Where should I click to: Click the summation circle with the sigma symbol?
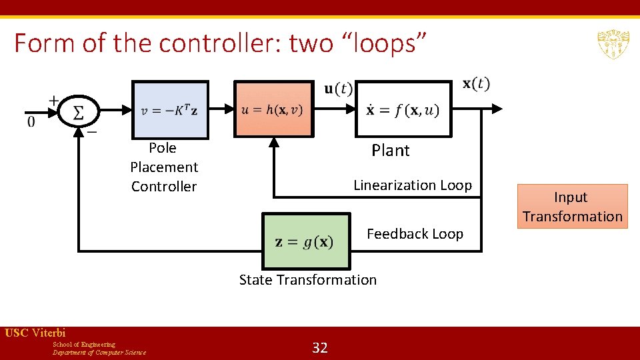tap(78, 110)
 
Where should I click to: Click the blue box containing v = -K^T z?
tap(170, 110)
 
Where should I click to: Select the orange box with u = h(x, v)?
tap(273, 109)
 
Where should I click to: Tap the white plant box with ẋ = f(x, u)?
tap(402, 109)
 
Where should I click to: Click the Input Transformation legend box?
tap(572, 207)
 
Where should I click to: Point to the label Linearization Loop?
tap(412, 185)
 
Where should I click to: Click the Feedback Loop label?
tap(415, 234)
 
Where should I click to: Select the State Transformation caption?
tap(307, 280)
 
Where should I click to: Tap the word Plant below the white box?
tap(390, 151)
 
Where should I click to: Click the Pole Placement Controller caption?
tap(164, 167)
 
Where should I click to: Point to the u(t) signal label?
tap(338, 89)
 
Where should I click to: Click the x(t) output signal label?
tap(476, 84)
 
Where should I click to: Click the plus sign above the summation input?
tap(53, 100)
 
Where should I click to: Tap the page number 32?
tap(320, 347)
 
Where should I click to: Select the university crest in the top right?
tap(613, 44)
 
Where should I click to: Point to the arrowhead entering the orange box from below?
tap(273, 142)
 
